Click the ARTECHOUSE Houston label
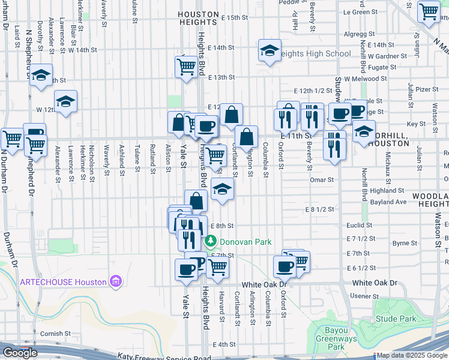pos(64,281)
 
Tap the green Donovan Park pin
pos(211,242)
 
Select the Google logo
pos(20,353)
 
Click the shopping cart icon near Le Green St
pos(429,11)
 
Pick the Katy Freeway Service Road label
pos(164,357)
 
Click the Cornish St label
pos(55,334)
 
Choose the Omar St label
pos(321,179)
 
